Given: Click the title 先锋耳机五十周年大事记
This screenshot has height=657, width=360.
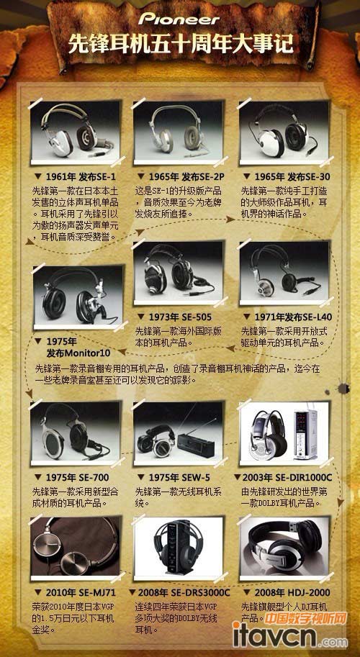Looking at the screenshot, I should click(180, 45).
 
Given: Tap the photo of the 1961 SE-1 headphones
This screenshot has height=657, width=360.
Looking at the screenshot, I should click(71, 132).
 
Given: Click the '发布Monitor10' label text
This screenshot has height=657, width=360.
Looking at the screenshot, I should click(78, 353).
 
